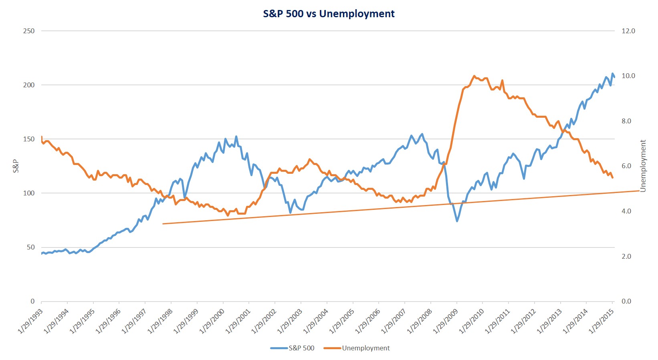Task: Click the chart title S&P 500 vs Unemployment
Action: (329, 14)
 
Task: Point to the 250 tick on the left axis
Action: (29, 31)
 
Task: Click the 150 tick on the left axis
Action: (29, 139)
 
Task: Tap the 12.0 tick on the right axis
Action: (628, 31)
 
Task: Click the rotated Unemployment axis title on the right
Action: (643, 166)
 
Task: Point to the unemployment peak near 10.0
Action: (474, 76)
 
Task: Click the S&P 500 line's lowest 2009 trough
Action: (457, 221)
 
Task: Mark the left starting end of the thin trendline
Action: (163, 223)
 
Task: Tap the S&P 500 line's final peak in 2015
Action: (612, 74)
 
